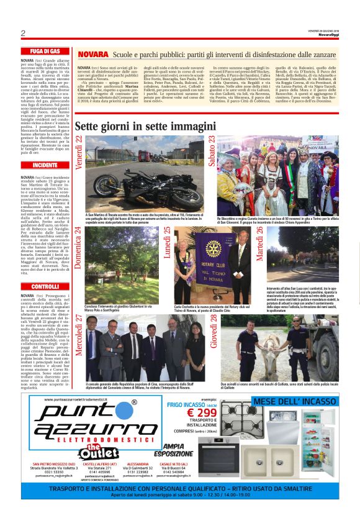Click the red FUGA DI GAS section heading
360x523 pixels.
click(x=45, y=51)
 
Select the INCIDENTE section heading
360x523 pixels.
click(x=45, y=166)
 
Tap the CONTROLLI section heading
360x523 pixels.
click(x=45, y=286)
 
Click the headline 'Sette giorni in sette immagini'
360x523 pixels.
click(x=145, y=126)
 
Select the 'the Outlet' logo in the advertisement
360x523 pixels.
click(x=93, y=450)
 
